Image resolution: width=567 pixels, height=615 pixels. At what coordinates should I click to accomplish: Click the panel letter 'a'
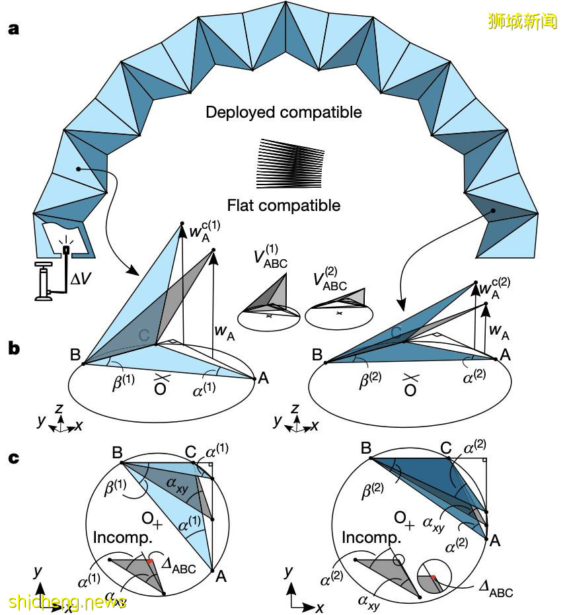(x=13, y=30)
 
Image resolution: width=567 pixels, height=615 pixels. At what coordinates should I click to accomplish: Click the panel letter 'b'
(x=13, y=348)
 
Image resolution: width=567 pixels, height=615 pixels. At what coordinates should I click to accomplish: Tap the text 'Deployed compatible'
(x=283, y=112)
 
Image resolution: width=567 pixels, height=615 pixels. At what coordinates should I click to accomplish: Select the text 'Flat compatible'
(x=283, y=206)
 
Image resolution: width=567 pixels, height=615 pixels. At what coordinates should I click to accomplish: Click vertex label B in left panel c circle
(x=117, y=453)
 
